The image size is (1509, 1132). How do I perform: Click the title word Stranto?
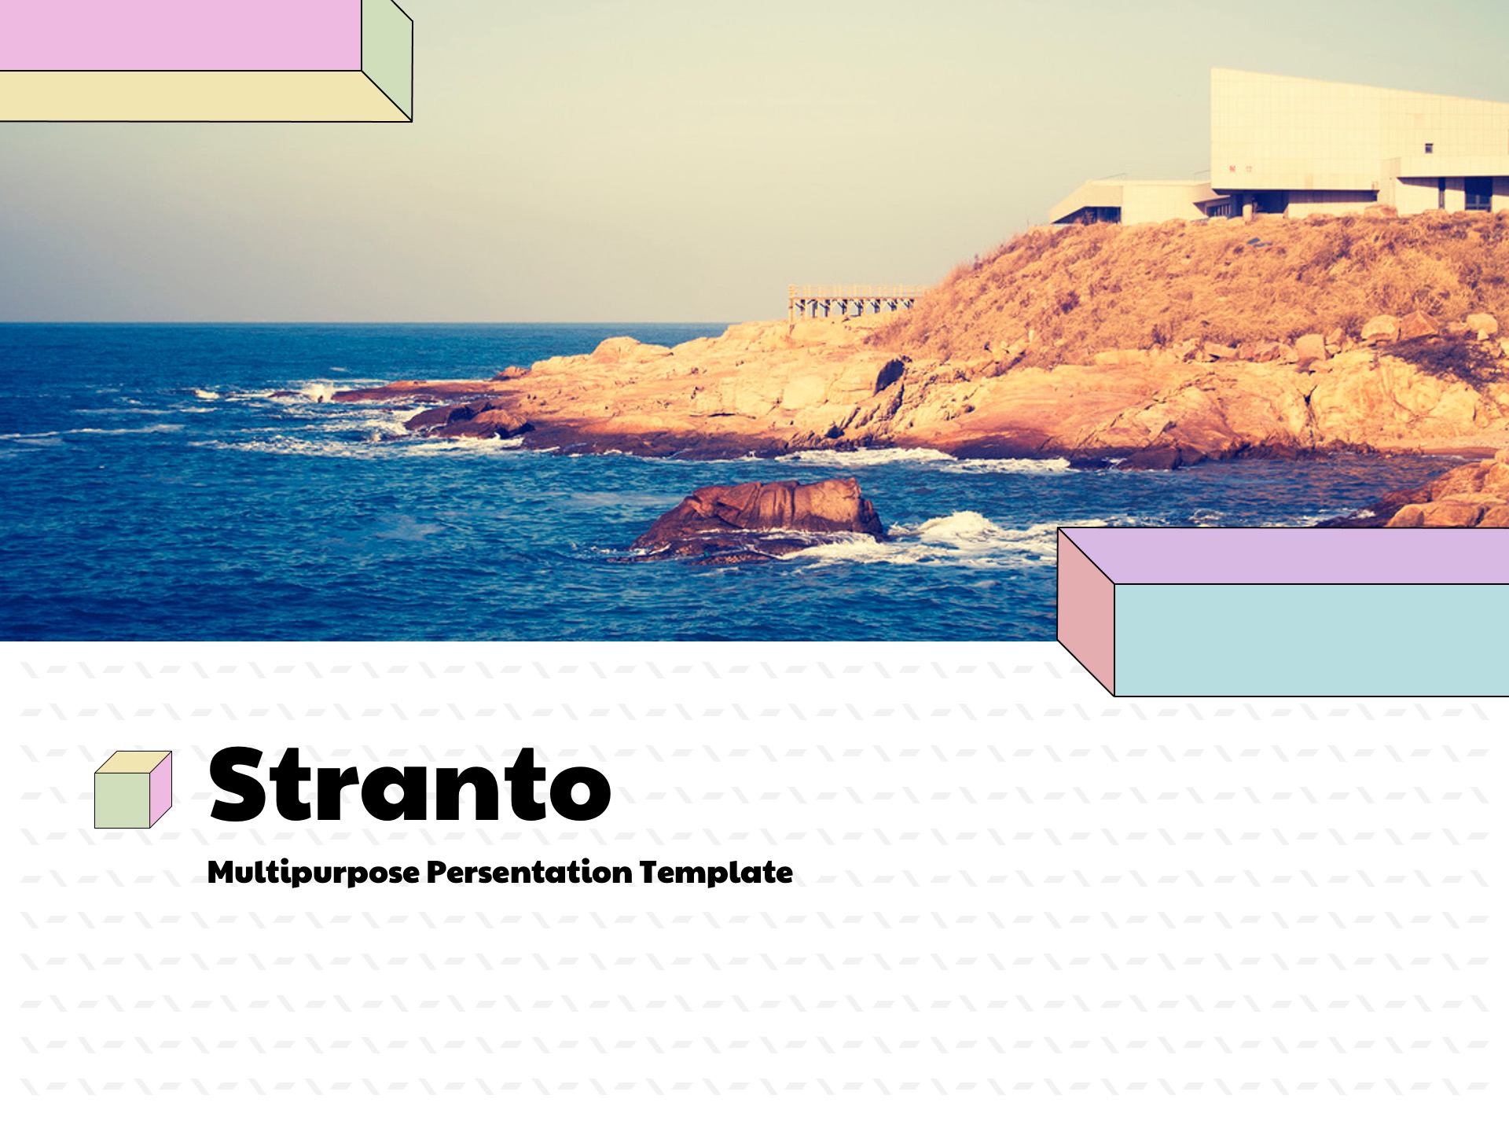tap(409, 785)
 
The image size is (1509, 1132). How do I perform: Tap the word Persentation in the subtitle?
tap(530, 872)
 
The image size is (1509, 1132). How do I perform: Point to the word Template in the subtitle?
tap(716, 873)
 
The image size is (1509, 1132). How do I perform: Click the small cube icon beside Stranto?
tap(133, 789)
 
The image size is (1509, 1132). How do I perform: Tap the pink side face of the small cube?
tap(160, 788)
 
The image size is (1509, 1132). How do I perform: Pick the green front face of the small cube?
tap(122, 800)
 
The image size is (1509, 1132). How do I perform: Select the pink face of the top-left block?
tap(181, 35)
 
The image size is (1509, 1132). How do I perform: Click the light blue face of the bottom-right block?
tap(1312, 640)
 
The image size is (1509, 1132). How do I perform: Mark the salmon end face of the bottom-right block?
tap(1086, 612)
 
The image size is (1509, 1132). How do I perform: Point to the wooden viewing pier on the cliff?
tap(854, 302)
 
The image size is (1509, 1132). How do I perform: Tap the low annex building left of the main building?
tap(1132, 202)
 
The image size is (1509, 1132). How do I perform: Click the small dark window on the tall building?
tap(1429, 148)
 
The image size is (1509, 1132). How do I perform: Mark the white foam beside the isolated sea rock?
tap(975, 538)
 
